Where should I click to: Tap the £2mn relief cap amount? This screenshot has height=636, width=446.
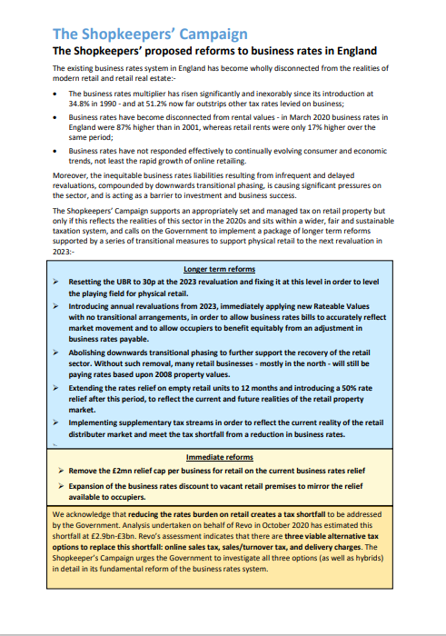click(127, 471)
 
